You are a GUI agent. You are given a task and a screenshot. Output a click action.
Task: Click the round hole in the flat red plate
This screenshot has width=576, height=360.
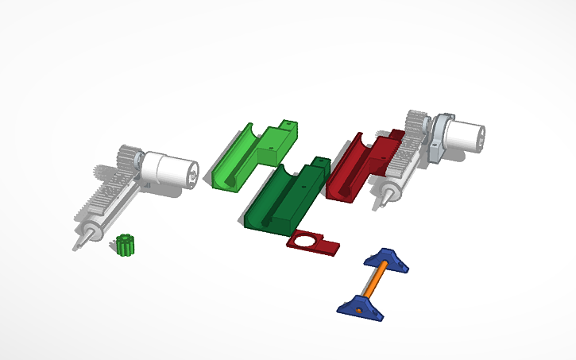click(x=307, y=242)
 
